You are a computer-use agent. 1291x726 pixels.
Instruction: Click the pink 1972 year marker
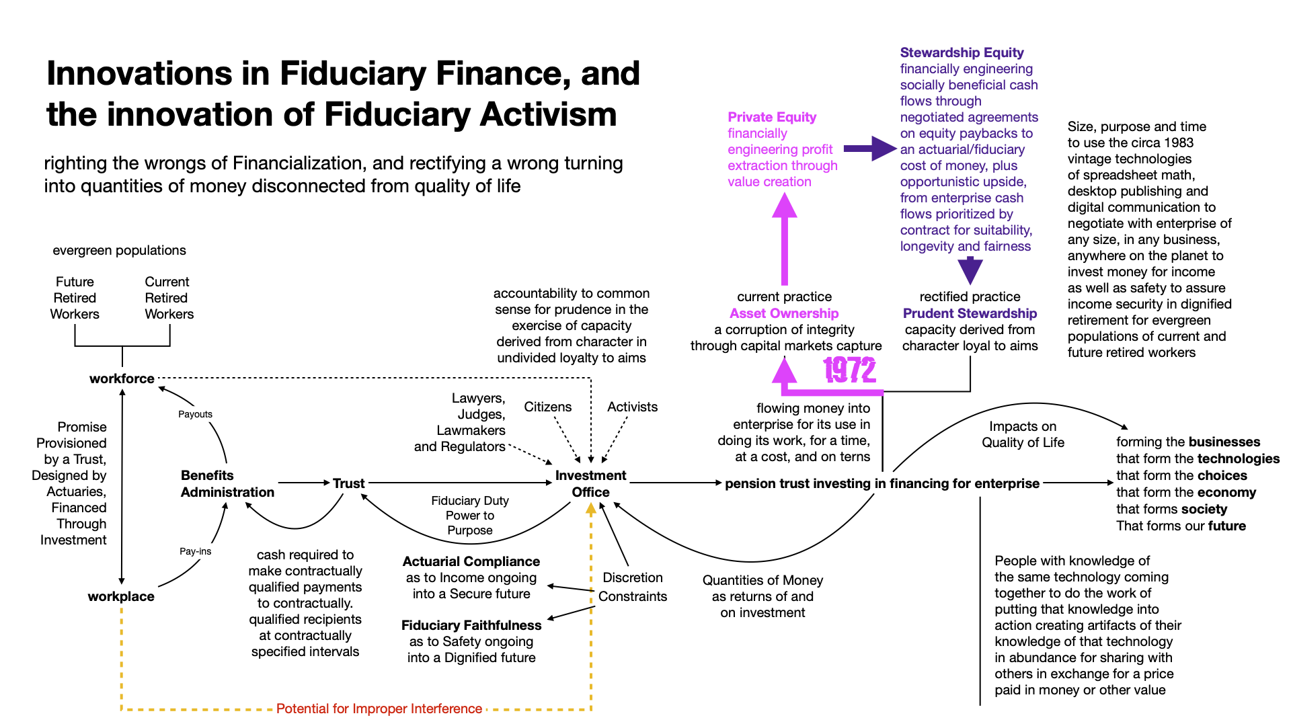click(x=849, y=370)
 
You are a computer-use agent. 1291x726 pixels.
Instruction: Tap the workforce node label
click(x=122, y=378)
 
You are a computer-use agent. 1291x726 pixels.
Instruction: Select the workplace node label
click(x=121, y=596)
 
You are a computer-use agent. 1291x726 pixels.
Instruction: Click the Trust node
click(x=348, y=483)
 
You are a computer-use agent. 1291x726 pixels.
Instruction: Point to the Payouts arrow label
click(x=195, y=414)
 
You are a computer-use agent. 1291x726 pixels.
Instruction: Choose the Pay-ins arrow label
click(x=195, y=551)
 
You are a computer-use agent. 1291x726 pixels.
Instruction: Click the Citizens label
click(x=547, y=407)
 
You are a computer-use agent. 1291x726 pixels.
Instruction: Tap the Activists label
click(x=632, y=407)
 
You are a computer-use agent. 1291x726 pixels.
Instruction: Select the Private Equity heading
click(x=772, y=117)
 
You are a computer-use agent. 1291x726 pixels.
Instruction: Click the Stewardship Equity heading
click(x=962, y=52)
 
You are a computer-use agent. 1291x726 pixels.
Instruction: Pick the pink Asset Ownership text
click(x=784, y=313)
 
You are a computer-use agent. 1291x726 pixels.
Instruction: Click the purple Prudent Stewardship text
click(x=970, y=313)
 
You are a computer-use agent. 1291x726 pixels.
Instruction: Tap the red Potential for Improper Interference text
click(x=379, y=709)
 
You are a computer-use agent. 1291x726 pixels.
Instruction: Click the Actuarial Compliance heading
click(x=471, y=561)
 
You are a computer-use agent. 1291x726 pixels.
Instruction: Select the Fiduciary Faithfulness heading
click(x=471, y=625)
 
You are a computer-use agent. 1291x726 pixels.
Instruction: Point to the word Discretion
click(x=633, y=577)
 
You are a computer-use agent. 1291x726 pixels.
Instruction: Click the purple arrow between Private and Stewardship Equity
click(x=869, y=149)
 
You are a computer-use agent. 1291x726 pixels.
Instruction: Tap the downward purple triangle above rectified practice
click(x=970, y=271)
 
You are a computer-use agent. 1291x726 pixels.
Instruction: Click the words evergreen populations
click(x=119, y=250)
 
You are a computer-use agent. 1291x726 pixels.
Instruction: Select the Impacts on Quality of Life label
click(x=1023, y=434)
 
